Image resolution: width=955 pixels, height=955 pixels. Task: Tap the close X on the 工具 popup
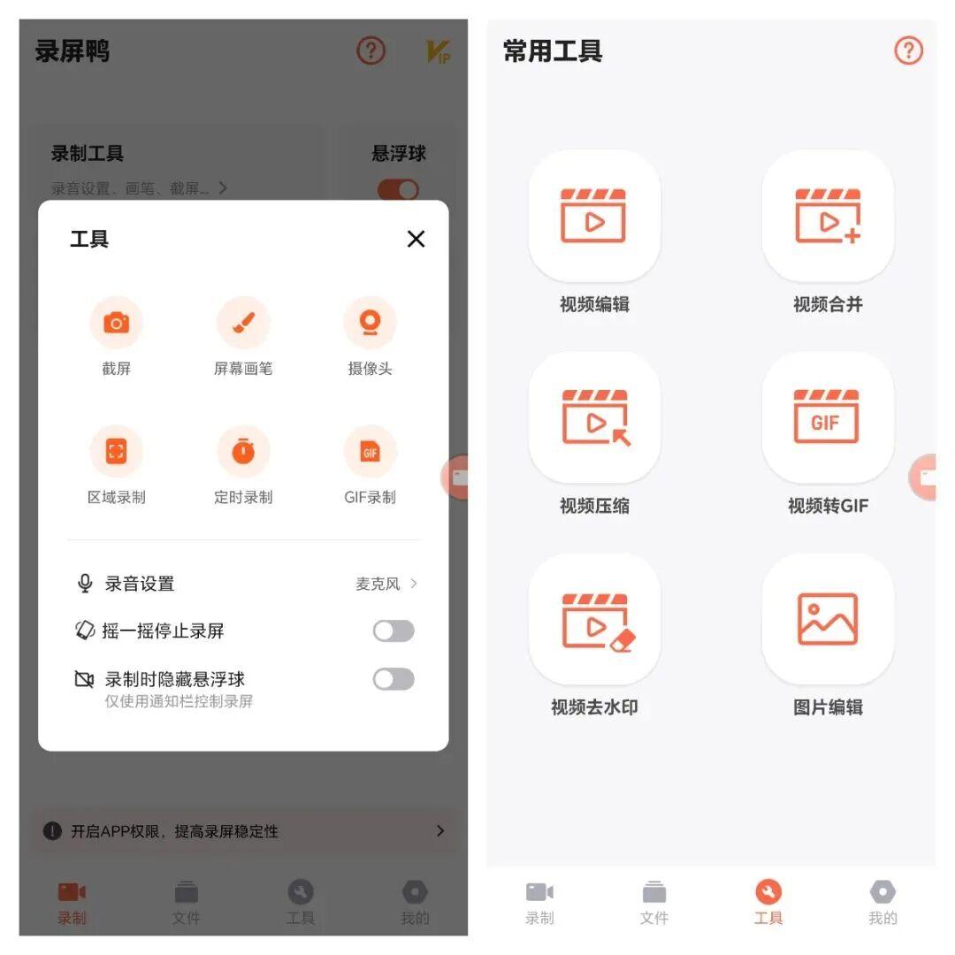click(x=416, y=239)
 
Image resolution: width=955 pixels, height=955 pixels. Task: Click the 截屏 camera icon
click(x=117, y=322)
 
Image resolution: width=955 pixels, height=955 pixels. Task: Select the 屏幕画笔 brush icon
click(x=244, y=322)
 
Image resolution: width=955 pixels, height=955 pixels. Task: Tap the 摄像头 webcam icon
click(x=370, y=322)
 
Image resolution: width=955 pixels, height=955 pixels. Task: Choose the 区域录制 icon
click(x=117, y=451)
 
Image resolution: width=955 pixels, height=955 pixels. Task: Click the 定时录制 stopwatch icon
click(x=244, y=451)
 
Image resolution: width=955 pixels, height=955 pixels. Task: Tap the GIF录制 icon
click(x=370, y=451)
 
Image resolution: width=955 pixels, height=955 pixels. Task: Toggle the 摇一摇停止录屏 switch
click(x=393, y=631)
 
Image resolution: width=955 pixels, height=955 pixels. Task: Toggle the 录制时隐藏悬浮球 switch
click(x=393, y=679)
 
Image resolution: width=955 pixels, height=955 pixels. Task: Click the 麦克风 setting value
click(x=378, y=584)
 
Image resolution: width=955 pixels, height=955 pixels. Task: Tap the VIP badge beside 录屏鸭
click(x=438, y=52)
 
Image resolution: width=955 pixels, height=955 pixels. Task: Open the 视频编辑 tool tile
click(x=594, y=216)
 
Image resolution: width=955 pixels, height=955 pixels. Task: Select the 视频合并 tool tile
click(x=828, y=216)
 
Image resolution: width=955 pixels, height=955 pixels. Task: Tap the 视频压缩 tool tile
click(x=594, y=417)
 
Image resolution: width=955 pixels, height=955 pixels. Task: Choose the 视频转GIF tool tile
click(x=828, y=417)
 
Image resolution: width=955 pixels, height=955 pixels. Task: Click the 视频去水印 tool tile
click(x=594, y=619)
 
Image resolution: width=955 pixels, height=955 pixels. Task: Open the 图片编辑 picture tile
click(x=828, y=619)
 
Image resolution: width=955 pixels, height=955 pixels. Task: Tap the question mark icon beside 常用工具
click(x=908, y=50)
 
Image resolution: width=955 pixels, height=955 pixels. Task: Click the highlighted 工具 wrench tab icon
click(x=768, y=891)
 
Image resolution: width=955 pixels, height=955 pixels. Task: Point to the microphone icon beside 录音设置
click(x=85, y=583)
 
